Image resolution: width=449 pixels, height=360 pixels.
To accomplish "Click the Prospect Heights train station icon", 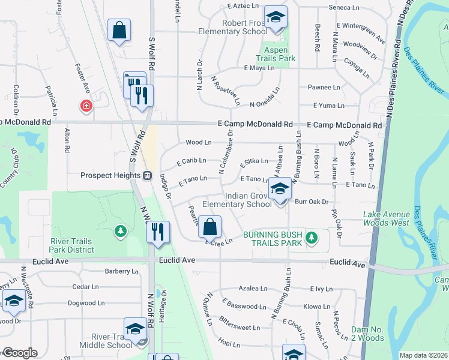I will (x=146, y=176).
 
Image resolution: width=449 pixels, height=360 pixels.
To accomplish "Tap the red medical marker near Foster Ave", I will (x=87, y=106).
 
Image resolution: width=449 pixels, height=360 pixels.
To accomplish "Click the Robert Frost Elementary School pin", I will (x=276, y=17).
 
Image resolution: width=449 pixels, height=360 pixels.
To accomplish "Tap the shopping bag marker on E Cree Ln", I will (x=210, y=227).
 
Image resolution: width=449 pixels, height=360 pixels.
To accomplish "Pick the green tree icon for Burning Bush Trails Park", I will (x=311, y=238).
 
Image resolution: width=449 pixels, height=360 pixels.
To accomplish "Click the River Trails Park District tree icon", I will (x=121, y=230).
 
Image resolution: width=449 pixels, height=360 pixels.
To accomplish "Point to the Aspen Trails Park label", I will (x=276, y=55).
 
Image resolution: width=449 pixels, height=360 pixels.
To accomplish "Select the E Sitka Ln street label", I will (x=253, y=162).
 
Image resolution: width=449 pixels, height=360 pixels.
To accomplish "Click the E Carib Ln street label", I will (x=191, y=161).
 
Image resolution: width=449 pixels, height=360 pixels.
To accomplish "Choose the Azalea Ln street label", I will (x=253, y=289).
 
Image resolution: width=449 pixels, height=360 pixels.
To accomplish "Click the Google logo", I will (x=20, y=353).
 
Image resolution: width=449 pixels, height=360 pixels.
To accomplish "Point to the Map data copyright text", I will (x=424, y=355).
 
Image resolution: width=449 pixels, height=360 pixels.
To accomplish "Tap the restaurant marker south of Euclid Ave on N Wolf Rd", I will (x=157, y=232).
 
